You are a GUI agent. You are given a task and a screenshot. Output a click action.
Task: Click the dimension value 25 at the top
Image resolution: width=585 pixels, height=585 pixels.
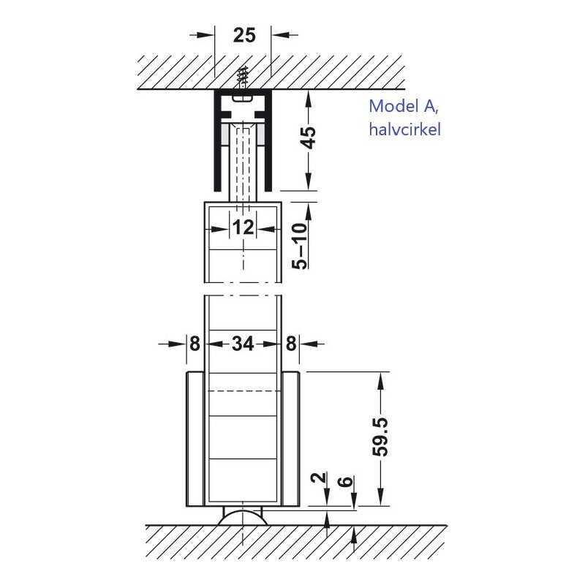click(244, 35)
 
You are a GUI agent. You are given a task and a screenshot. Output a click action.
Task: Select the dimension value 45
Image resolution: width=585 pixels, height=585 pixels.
click(309, 137)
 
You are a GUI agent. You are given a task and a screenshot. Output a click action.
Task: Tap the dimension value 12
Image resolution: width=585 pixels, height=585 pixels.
click(243, 227)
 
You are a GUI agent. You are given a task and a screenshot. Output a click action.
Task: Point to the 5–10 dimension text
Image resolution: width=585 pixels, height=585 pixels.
click(300, 246)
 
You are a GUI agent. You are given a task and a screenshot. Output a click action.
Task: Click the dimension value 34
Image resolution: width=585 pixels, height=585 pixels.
click(243, 344)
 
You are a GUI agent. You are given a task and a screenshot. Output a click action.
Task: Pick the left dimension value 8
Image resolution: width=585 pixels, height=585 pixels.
click(195, 344)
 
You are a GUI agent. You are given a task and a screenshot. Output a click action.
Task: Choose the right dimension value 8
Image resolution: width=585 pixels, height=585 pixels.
click(291, 344)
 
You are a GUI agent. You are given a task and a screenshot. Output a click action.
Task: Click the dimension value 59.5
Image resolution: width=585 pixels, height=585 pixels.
click(380, 437)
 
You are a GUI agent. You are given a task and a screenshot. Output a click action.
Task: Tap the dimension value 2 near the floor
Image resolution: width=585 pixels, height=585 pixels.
click(320, 478)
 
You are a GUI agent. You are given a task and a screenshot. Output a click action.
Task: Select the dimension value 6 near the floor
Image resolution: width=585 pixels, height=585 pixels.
click(347, 481)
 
